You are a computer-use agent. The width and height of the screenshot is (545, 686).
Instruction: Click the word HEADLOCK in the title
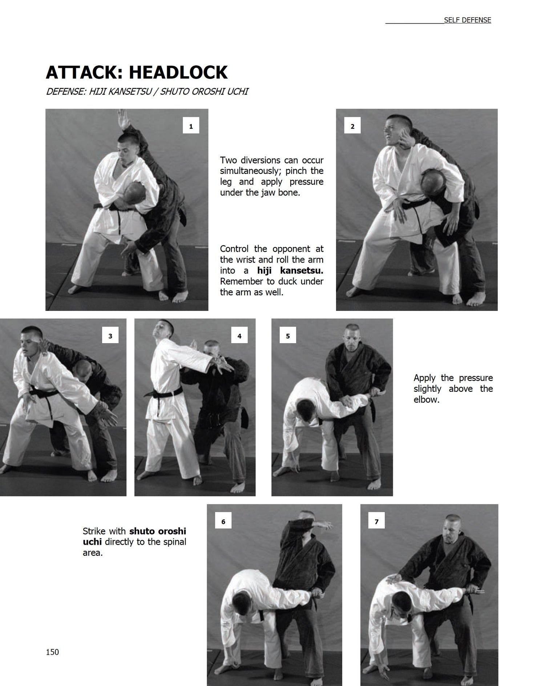178,72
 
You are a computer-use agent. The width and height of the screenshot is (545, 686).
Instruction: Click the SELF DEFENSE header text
467,20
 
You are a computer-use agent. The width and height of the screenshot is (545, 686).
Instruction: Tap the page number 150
52,652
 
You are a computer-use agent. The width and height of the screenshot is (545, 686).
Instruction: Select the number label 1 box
191,126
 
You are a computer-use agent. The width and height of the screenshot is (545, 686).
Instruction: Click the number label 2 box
352,126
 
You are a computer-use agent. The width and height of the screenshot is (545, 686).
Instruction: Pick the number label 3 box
110,336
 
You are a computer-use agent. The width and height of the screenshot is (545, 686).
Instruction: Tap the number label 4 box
239,336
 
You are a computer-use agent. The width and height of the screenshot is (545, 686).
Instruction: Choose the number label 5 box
288,336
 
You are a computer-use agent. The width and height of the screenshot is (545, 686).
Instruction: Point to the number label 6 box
223,521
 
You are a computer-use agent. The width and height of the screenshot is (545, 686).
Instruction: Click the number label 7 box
376,521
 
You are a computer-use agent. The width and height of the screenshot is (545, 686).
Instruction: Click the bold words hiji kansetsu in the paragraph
290,271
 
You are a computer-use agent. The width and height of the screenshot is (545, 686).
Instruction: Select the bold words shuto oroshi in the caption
158,531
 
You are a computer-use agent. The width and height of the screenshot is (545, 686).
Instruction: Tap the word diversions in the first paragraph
259,160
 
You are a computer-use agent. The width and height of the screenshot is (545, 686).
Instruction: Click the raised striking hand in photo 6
323,525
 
